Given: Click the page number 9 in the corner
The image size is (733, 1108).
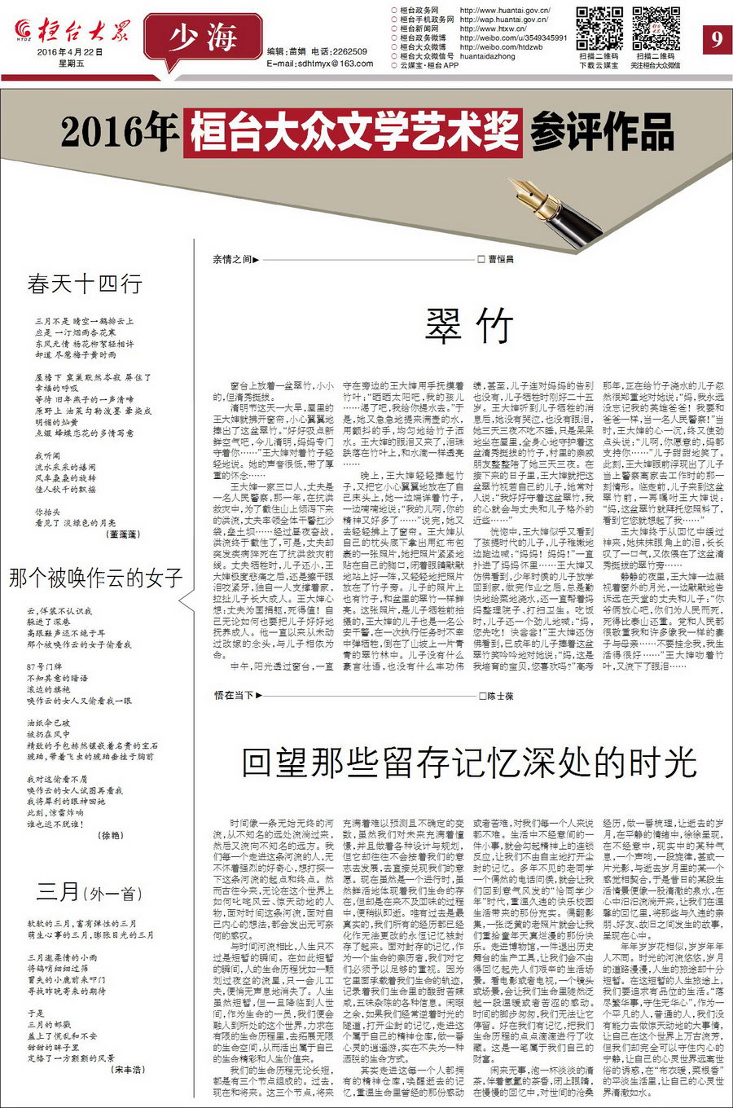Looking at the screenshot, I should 715,38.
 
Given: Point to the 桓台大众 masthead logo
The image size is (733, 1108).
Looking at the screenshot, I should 72,31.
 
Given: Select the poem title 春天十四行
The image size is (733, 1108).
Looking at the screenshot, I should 85,284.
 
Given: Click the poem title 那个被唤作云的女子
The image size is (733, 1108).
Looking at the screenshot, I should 96,578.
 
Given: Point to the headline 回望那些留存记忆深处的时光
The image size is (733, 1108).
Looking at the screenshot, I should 469,763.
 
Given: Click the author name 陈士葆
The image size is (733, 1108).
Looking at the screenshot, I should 500,696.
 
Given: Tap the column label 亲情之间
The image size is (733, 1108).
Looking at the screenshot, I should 234,260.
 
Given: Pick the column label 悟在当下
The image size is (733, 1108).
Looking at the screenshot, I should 235,696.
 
